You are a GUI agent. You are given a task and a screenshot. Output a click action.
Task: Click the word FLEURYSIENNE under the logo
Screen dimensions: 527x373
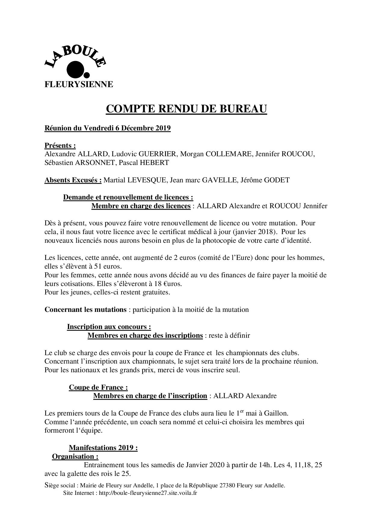tap(79, 84)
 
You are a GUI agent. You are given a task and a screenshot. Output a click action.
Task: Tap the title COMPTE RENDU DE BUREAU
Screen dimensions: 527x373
tap(186, 109)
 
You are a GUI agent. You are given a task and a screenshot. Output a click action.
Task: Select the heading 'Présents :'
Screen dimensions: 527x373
tap(60, 145)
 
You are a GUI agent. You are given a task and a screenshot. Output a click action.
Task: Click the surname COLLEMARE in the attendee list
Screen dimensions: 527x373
tap(229, 154)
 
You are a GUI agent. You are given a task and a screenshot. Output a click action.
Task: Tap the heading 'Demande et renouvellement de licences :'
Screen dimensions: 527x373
tap(128, 197)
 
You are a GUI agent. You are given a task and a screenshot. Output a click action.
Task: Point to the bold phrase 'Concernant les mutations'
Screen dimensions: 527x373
tap(85, 309)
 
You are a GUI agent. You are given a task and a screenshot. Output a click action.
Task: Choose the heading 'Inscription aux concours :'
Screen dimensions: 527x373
tap(109, 327)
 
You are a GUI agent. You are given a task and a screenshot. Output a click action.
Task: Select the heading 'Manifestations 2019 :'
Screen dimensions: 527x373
tap(103, 448)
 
